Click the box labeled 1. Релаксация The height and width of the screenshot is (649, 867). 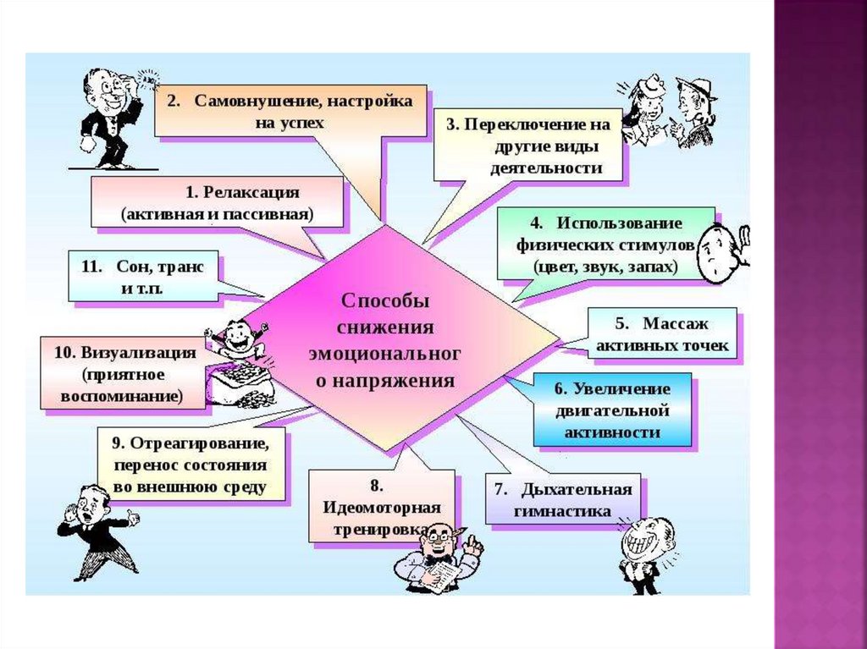click(x=218, y=202)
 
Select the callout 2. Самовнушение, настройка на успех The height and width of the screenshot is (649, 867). click(x=290, y=110)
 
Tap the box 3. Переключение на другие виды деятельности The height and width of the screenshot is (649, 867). click(x=529, y=146)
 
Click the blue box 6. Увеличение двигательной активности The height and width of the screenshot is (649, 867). click(x=611, y=410)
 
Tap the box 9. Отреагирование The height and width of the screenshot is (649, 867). click(x=191, y=465)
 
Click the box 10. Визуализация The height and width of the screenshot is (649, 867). click(x=124, y=373)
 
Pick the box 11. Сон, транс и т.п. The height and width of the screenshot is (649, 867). click(x=142, y=276)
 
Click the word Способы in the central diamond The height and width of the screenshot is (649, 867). click(x=385, y=300)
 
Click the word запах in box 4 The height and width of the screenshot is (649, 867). click(x=653, y=266)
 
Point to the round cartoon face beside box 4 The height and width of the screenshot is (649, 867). click(x=719, y=252)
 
